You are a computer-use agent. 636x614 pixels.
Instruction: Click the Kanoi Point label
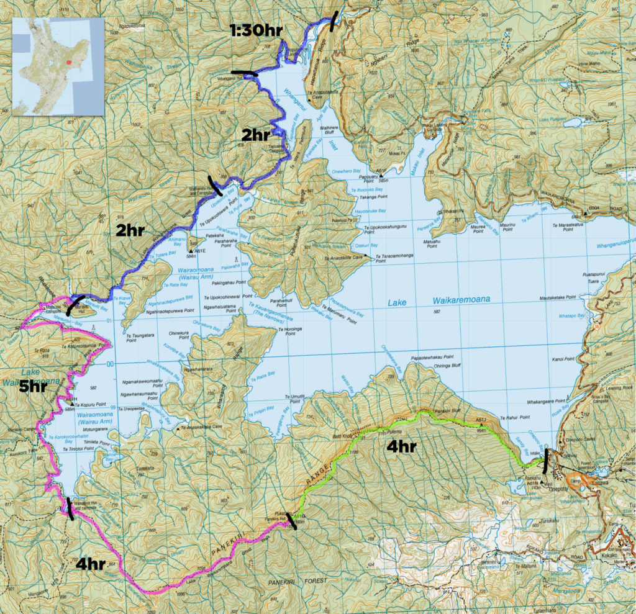[x=561, y=359]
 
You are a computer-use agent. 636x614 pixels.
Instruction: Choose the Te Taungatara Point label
[x=140, y=336]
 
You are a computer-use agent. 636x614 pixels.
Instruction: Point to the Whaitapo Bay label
[x=573, y=315]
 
